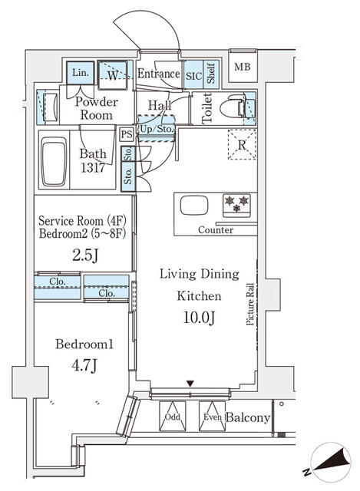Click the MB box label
242,65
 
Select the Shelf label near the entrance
211,74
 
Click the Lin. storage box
80,73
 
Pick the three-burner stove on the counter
235,205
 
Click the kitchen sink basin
193,206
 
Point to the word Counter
216,230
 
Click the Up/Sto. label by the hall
157,130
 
